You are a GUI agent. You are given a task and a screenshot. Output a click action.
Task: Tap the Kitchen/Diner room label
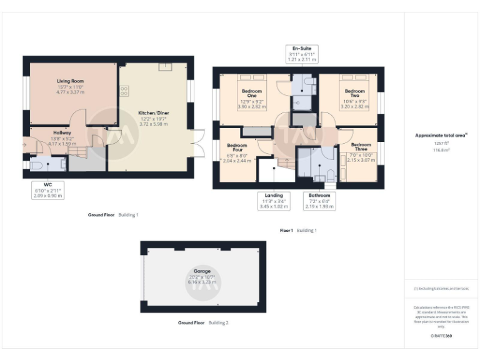153,113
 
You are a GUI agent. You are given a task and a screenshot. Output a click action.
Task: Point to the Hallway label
62,132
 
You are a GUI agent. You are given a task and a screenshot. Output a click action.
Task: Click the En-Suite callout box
301,53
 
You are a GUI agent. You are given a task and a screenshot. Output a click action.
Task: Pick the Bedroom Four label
237,149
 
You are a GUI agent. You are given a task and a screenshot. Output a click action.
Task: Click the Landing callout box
274,201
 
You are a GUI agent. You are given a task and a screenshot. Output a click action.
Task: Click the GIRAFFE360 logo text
441,336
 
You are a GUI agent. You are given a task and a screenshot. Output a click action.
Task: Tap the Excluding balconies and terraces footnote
441,289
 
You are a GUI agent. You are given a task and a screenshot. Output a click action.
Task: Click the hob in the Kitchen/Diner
124,91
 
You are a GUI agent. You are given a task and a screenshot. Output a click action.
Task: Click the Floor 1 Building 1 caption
298,231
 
